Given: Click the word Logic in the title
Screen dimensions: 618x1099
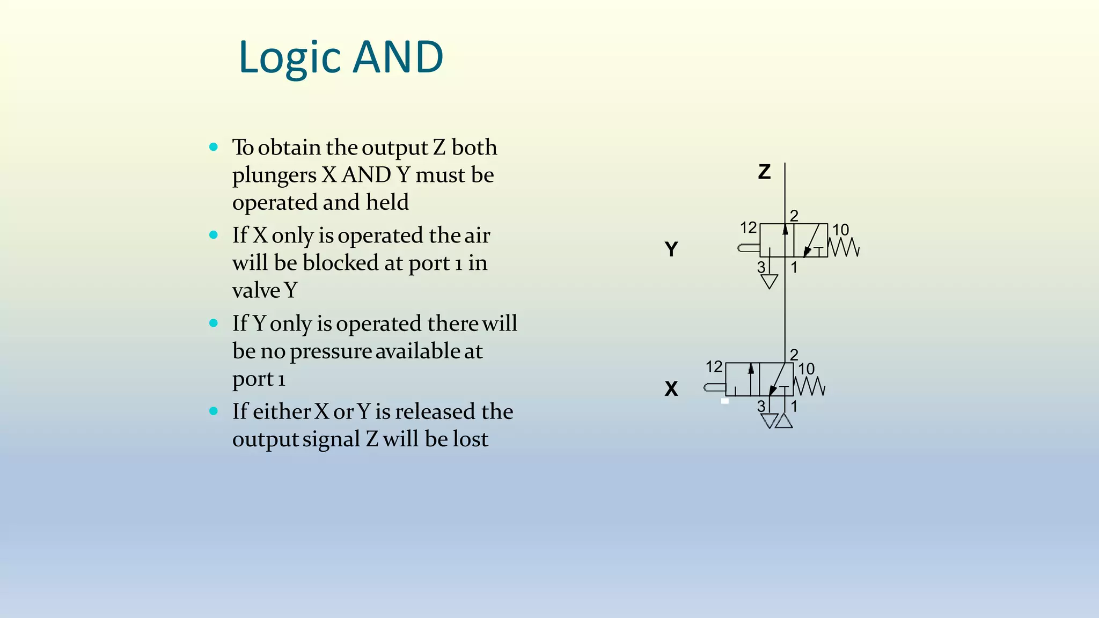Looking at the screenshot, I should coord(289,57).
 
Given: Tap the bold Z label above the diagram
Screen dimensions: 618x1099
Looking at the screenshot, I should coord(764,172).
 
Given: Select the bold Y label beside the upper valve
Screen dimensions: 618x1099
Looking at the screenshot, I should coord(671,249).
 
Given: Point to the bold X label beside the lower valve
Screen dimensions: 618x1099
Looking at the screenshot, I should coord(671,388).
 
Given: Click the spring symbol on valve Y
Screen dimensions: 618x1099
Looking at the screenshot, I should coord(844,247).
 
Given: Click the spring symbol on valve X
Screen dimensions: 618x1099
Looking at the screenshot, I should coord(809,386).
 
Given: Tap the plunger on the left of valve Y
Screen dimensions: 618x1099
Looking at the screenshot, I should coord(749,248).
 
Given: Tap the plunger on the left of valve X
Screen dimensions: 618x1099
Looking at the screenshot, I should coord(714,387).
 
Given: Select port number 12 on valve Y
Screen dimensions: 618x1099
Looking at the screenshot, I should coord(748,228).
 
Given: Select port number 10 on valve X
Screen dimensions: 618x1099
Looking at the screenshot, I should coord(806,369).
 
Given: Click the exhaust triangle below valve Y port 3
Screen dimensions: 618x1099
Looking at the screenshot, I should coord(769,282).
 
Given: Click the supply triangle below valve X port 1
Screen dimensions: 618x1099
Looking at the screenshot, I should coord(784,421).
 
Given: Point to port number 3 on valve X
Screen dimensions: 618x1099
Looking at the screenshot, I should coord(761,406).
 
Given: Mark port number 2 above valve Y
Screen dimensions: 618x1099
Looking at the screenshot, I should coord(794,216).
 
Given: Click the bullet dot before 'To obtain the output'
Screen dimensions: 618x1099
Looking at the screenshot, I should coord(214,147).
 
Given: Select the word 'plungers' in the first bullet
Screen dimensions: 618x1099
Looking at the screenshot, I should coord(274,175).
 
